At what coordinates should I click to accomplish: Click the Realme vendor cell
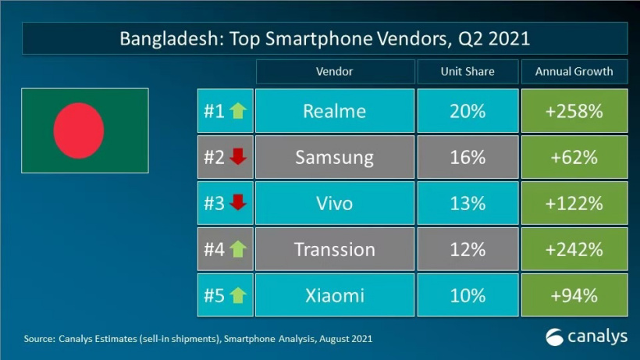[334, 111]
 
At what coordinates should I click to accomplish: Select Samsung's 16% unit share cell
[467, 157]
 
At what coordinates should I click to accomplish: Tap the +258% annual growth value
[574, 111]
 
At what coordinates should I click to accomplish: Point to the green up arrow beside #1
[237, 111]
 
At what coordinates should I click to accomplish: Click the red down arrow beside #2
[238, 157]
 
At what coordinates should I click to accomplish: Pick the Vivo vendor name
[334, 203]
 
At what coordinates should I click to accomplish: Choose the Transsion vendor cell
[334, 249]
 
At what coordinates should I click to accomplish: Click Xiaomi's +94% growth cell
[574, 295]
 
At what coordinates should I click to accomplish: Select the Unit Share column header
[467, 71]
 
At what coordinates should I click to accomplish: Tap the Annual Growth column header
[574, 71]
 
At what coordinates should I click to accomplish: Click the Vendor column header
[334, 71]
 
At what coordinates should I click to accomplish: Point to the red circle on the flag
[78, 130]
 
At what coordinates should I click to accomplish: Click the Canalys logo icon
[554, 337]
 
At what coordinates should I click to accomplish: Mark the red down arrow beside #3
[238, 203]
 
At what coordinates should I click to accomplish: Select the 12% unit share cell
[467, 249]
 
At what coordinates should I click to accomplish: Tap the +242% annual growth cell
[574, 249]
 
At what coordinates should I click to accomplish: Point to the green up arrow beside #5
[237, 295]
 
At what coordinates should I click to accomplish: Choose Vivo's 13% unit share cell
[467, 203]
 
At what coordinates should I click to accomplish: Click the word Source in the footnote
[37, 339]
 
